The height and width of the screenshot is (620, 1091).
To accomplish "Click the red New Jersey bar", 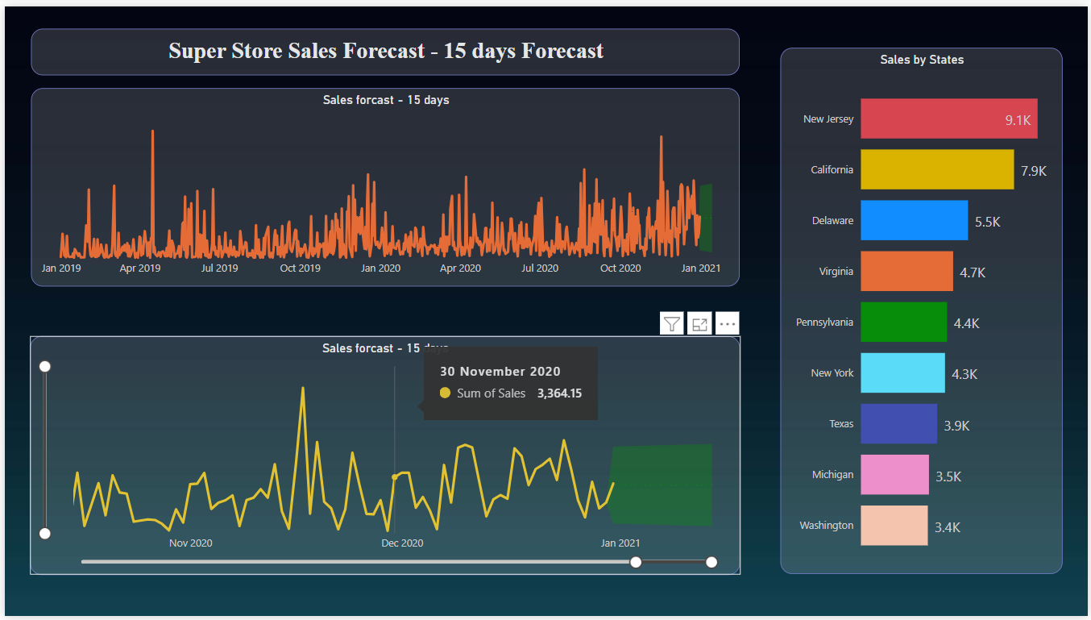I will (948, 119).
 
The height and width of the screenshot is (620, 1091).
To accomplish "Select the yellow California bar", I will (936, 169).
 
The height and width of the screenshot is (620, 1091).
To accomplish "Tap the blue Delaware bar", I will (914, 220).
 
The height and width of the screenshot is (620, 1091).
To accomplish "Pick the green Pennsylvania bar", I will (903, 322).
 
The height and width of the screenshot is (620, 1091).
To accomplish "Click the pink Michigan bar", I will (894, 474).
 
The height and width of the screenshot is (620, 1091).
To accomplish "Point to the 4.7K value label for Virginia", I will (973, 273).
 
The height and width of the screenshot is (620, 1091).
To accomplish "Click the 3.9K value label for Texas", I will (957, 426).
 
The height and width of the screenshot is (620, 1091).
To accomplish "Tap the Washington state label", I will (826, 525).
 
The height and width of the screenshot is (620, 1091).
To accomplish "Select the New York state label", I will (832, 372).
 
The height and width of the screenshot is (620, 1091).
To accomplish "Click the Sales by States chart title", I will (922, 60).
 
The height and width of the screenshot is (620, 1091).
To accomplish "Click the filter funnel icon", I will (671, 324).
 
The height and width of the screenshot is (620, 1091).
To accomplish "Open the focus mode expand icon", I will (699, 324).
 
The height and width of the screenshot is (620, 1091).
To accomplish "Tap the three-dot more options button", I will (727, 324).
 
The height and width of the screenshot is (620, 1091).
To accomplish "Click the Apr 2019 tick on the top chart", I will (140, 268).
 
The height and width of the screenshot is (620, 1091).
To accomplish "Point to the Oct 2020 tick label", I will (620, 268).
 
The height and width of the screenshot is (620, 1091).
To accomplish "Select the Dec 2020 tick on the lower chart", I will (402, 543).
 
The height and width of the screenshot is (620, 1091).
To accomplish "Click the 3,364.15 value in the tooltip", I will (559, 393).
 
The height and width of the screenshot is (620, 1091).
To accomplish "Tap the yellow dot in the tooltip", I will (445, 393).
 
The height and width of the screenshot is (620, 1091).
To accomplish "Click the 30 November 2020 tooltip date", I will (500, 371).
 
